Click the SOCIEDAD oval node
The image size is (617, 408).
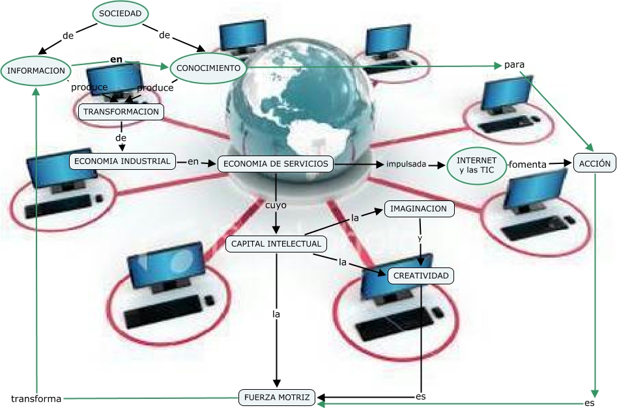click(x=121, y=13)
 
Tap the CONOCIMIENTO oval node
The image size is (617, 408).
click(x=208, y=68)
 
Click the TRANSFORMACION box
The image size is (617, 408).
click(x=121, y=112)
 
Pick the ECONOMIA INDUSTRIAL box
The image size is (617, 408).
click(x=122, y=161)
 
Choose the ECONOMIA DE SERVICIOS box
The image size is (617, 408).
click(x=275, y=164)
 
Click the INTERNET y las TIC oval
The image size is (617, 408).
click(x=476, y=165)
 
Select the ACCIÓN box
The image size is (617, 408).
click(x=594, y=164)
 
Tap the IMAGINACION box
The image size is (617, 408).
click(x=419, y=209)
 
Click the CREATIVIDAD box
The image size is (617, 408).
click(x=421, y=276)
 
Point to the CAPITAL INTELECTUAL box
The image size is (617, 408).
click(x=276, y=244)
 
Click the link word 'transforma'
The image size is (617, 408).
click(x=36, y=398)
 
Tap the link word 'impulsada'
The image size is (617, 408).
click(x=406, y=165)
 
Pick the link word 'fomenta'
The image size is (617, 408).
click(x=527, y=165)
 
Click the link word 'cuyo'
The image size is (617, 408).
click(x=276, y=205)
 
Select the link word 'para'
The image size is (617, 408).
click(x=514, y=64)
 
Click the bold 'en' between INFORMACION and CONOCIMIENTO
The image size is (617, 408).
click(x=116, y=59)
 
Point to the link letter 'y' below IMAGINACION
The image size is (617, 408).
click(x=420, y=238)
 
